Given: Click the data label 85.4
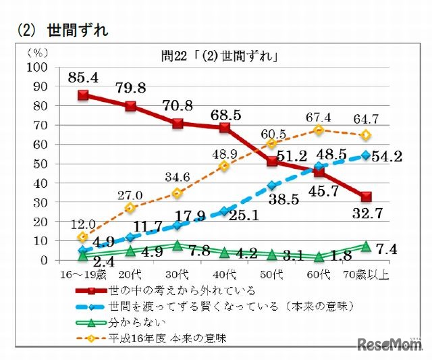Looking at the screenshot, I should pyautogui.click(x=84, y=78).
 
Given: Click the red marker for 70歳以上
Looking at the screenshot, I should pyautogui.click(x=367, y=197).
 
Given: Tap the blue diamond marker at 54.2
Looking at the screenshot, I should pyautogui.click(x=367, y=155).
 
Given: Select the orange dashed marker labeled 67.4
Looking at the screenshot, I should pyautogui.click(x=319, y=130).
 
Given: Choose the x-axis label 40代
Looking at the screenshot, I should pyautogui.click(x=225, y=275).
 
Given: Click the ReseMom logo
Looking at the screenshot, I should pyautogui.click(x=391, y=345).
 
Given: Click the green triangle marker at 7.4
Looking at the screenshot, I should pyautogui.click(x=367, y=246).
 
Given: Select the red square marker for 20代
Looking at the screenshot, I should pyautogui.click(x=130, y=106).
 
